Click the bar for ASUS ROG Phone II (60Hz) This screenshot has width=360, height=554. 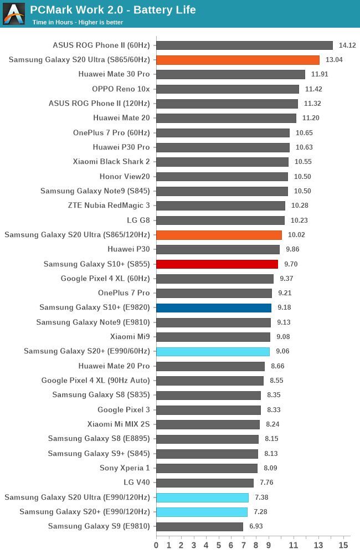pos(244,45)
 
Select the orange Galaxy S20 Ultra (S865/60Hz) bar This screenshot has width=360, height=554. pos(238,60)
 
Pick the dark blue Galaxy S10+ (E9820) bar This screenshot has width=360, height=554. pos(214,308)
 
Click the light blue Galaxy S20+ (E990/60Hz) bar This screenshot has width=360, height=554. pos(213,352)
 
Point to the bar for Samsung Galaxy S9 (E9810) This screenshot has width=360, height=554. pos(199,527)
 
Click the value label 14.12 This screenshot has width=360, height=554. pos(347,45)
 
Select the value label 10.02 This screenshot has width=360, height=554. pos(296,235)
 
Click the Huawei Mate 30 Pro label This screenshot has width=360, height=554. pos(114,74)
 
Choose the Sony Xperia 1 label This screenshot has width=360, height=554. pos(125,468)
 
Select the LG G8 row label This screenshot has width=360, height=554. pos(138,220)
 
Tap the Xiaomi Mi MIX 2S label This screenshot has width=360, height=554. pos(119,424)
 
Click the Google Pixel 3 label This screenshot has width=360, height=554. pos(124,410)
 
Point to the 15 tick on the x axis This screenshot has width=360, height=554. pos(343,545)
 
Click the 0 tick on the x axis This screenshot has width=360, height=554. pos(156,545)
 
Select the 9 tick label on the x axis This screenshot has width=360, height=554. pos(269,545)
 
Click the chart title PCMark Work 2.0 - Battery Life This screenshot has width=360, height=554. pos(112,10)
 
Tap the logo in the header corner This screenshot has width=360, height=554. pos(14,14)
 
